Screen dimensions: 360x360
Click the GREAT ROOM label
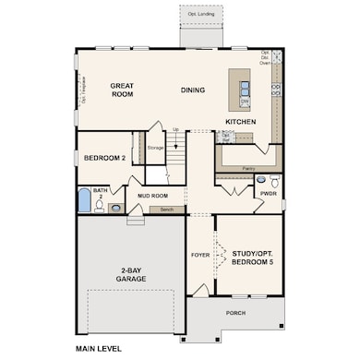[x=123, y=90]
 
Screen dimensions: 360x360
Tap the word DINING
[x=193, y=90]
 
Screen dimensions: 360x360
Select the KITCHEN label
[x=240, y=121]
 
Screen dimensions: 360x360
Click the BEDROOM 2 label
[x=104, y=158]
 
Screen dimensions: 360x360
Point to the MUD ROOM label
[x=152, y=196]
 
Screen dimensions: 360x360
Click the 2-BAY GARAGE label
[x=130, y=275]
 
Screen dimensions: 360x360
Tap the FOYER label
[x=200, y=255]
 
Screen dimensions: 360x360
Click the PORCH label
[x=235, y=313]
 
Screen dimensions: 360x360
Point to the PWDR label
[x=268, y=195]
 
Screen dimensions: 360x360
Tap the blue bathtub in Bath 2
[x=84, y=201]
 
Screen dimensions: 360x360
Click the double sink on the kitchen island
[x=245, y=89]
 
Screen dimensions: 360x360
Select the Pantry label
[x=247, y=168]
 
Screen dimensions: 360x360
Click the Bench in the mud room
[x=166, y=210]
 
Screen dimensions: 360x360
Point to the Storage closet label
[x=155, y=147]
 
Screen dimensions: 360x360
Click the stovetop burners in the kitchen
[x=276, y=90]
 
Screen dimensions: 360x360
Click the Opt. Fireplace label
[x=82, y=90]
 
